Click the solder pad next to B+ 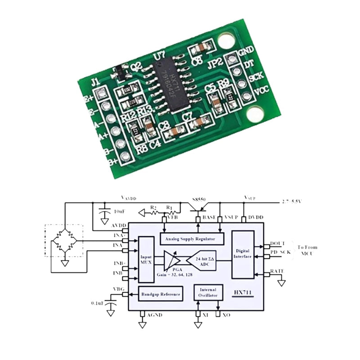tap(126, 156)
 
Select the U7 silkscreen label tap(158, 56)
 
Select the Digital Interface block tap(243, 254)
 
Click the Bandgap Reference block tap(161, 295)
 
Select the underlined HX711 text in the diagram tap(245, 293)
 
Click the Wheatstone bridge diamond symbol tap(64, 241)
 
